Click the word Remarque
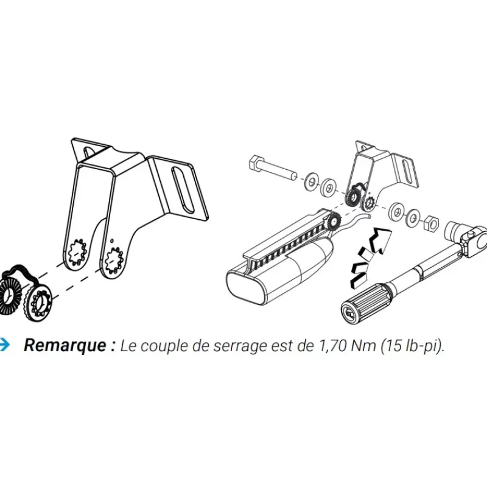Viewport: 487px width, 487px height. pos(65,345)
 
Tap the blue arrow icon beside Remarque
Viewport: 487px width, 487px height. pos(5,345)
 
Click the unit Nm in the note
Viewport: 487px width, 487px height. pos(363,345)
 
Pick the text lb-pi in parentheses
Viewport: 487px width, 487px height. pos(421,346)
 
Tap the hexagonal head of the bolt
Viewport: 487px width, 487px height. pos(256,163)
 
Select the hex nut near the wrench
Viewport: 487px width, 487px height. pos(430,223)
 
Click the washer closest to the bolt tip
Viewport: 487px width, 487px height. pos(310,182)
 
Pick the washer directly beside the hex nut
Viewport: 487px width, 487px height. pos(413,217)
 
